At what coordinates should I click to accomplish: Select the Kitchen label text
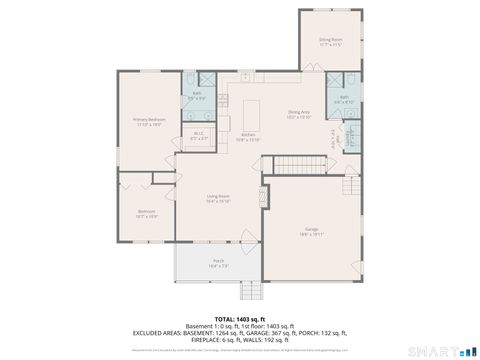pos(249,139)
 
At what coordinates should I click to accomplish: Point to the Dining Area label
pos(299,115)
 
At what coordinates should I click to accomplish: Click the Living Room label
pos(218,198)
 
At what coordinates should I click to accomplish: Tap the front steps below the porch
pos(250,291)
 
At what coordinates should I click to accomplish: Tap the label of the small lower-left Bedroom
pos(147,213)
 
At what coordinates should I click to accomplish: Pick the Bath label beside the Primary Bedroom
pos(197,96)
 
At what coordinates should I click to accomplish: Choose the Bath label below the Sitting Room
pos(343,99)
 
